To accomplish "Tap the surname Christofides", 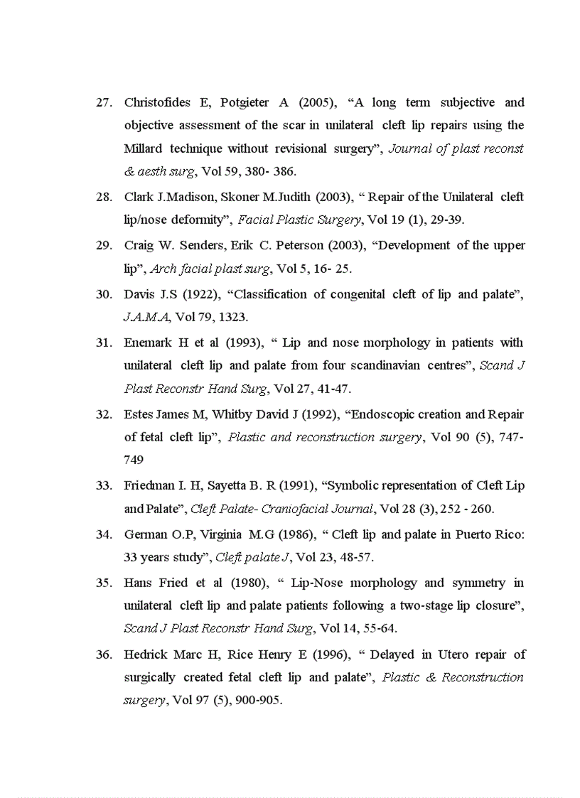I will (157, 102).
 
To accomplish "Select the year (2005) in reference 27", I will (317, 102).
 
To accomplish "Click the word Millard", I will (144, 149).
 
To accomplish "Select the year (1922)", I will (202, 294).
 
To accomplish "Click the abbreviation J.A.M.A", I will (146, 317).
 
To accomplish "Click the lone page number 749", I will (134, 460).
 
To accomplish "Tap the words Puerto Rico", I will (490, 534).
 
